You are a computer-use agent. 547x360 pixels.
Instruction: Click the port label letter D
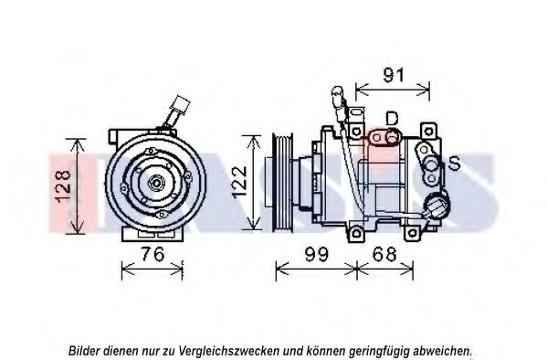[391, 118]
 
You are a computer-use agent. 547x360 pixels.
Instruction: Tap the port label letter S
[453, 164]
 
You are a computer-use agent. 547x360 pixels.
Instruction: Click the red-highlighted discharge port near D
[384, 137]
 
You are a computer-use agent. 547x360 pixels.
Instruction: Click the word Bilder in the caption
[86, 350]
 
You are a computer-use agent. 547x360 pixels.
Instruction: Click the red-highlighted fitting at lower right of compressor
[434, 206]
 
